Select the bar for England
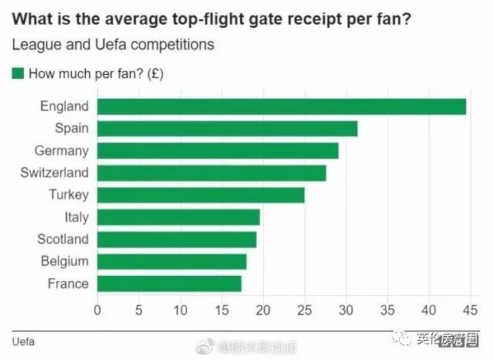[x=282, y=107]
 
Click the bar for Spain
[x=228, y=129]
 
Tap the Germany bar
[x=218, y=151]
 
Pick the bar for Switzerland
[x=211, y=173]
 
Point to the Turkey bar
[x=201, y=195]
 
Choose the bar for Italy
[x=178, y=217]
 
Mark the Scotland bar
[x=177, y=239]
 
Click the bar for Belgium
[x=171, y=262]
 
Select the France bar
[x=169, y=284]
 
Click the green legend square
[x=19, y=74]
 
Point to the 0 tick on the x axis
[x=97, y=311]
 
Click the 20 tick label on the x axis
[x=263, y=311]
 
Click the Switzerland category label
[x=55, y=173]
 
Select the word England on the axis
[x=64, y=107]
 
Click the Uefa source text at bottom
[x=24, y=341]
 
